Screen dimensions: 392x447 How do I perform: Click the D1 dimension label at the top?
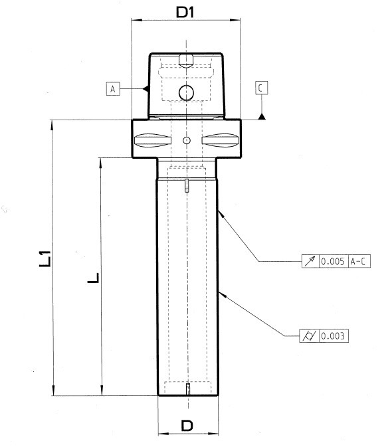coord(185,12)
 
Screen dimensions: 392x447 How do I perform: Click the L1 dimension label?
coord(45,258)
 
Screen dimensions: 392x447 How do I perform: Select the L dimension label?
coord(93,278)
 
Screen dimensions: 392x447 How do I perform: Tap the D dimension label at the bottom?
coord(187,426)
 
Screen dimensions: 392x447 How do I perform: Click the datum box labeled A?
coord(113,88)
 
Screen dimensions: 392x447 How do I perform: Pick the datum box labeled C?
coord(261,88)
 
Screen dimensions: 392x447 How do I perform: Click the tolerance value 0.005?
coord(333,261)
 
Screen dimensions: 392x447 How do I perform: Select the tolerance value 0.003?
coord(333,336)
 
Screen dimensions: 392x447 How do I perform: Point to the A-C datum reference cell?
coord(359,261)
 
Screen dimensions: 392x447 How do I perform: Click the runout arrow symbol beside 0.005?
coord(310,261)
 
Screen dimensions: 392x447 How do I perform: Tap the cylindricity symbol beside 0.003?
coord(309,336)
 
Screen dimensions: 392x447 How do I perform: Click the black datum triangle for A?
coord(146,89)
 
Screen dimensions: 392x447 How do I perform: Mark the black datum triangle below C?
coord(262,116)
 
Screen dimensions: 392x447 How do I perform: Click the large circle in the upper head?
coord(187,92)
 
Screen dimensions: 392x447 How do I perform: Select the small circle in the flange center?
coord(187,140)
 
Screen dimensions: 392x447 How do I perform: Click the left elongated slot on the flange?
coord(153,140)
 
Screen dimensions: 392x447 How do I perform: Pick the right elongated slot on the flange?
coord(220,140)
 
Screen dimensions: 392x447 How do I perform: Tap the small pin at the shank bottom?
coord(188,389)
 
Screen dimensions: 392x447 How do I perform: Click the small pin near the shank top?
coord(187,185)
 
